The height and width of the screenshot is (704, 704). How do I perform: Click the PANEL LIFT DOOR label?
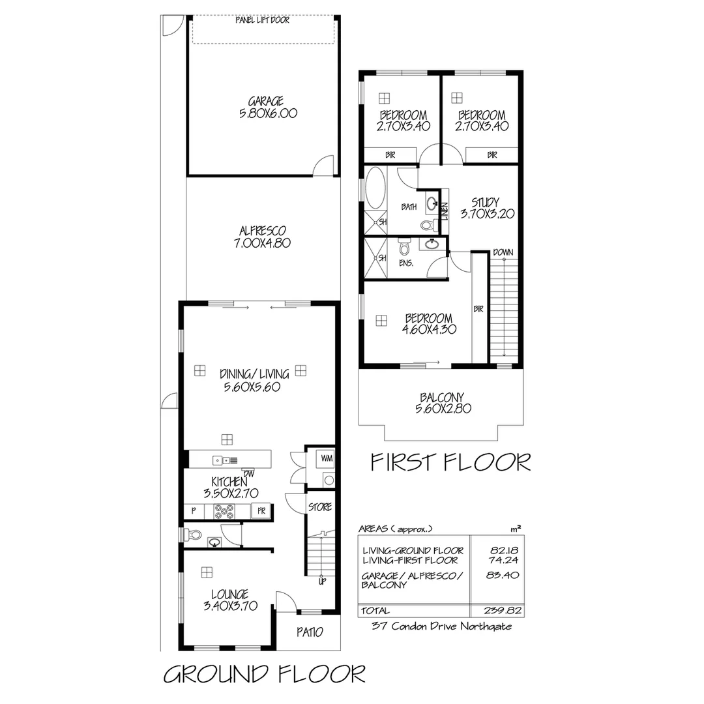point(263,20)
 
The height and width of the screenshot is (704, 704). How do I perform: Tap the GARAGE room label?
point(265,101)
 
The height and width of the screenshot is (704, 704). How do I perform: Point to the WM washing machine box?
point(327,459)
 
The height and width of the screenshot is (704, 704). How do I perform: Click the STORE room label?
point(320,506)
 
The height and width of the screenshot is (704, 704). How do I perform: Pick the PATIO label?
point(310,632)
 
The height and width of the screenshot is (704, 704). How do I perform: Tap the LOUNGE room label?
point(229,594)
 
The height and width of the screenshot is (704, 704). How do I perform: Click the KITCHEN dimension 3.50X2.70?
point(226,493)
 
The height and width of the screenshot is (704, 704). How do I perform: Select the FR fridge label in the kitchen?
point(261,512)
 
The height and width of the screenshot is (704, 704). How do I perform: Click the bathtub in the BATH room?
point(375,190)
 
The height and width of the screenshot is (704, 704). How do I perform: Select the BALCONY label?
point(442,397)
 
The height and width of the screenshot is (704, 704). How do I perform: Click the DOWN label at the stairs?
point(502,252)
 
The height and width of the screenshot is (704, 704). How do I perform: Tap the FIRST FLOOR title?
point(450,462)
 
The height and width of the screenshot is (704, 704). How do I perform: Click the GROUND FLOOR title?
point(263,673)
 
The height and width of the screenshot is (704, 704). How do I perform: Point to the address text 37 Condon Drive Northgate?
point(441,626)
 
